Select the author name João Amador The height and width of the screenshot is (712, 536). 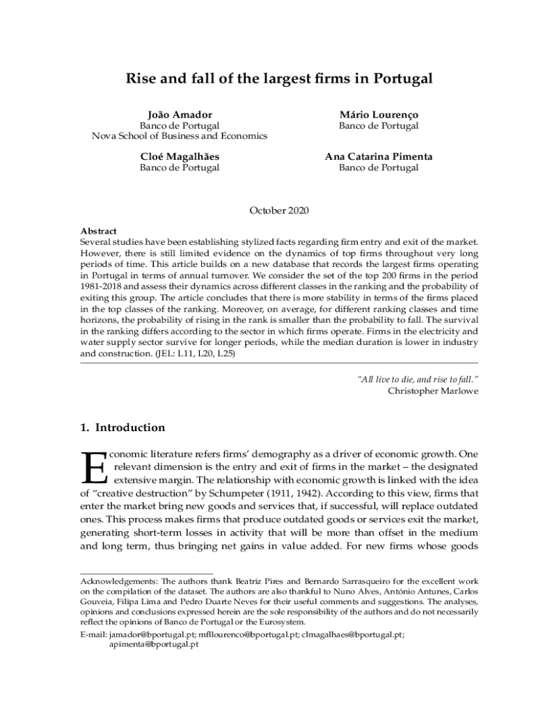coord(180,115)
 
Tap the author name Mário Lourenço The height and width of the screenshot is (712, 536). coord(379,115)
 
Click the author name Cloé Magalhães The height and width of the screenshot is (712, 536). coord(180,156)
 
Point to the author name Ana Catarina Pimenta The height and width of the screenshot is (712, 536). coord(379,156)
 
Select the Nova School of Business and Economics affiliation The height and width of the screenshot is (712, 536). coord(180,136)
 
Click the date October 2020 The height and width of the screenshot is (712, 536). coord(278,210)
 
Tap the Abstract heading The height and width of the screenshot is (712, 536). coord(98,231)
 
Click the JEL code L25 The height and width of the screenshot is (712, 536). coord(226,353)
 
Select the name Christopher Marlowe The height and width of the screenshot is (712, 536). coord(433,391)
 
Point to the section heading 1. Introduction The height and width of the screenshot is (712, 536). coord(123,428)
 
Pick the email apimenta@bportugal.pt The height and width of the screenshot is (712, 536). coord(154,645)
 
